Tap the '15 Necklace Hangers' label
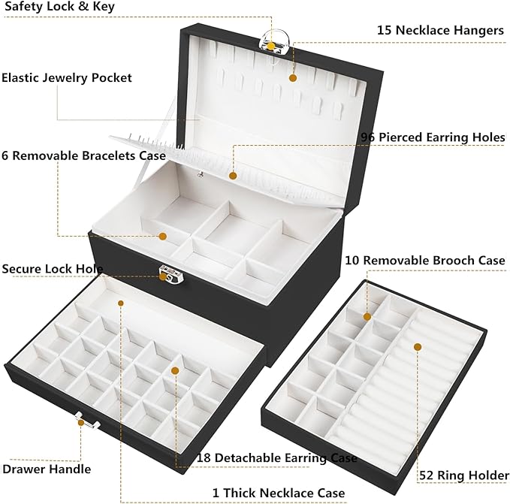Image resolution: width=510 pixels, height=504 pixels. tap(439, 30)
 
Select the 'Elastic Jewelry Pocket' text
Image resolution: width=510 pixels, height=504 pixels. tap(67, 77)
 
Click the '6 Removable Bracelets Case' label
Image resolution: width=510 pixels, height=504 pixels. tap(83, 155)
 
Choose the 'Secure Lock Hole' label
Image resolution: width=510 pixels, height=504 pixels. tap(52, 269)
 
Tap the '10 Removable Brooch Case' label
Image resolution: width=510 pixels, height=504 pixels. tap(425, 260)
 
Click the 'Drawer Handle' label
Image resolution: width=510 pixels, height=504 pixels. tap(46, 469)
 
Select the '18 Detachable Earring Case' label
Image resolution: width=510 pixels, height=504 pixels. tap(276, 457)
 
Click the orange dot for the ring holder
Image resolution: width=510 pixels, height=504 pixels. tap(418, 347)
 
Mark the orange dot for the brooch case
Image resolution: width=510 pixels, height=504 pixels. tap(368, 316)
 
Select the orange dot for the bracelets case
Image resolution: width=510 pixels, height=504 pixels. tap(163, 236)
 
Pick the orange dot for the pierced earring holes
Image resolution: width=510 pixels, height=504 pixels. tap(233, 176)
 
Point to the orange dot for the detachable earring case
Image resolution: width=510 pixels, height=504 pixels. tap(174, 370)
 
